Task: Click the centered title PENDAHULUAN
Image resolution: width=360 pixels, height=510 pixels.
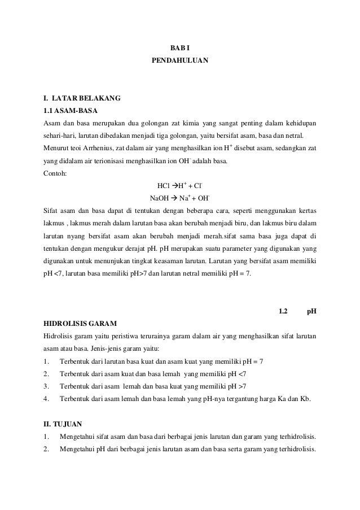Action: [x=179, y=59]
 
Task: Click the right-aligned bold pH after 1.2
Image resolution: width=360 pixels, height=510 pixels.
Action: [x=311, y=311]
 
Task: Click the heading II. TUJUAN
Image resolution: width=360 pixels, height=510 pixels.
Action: [x=63, y=424]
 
